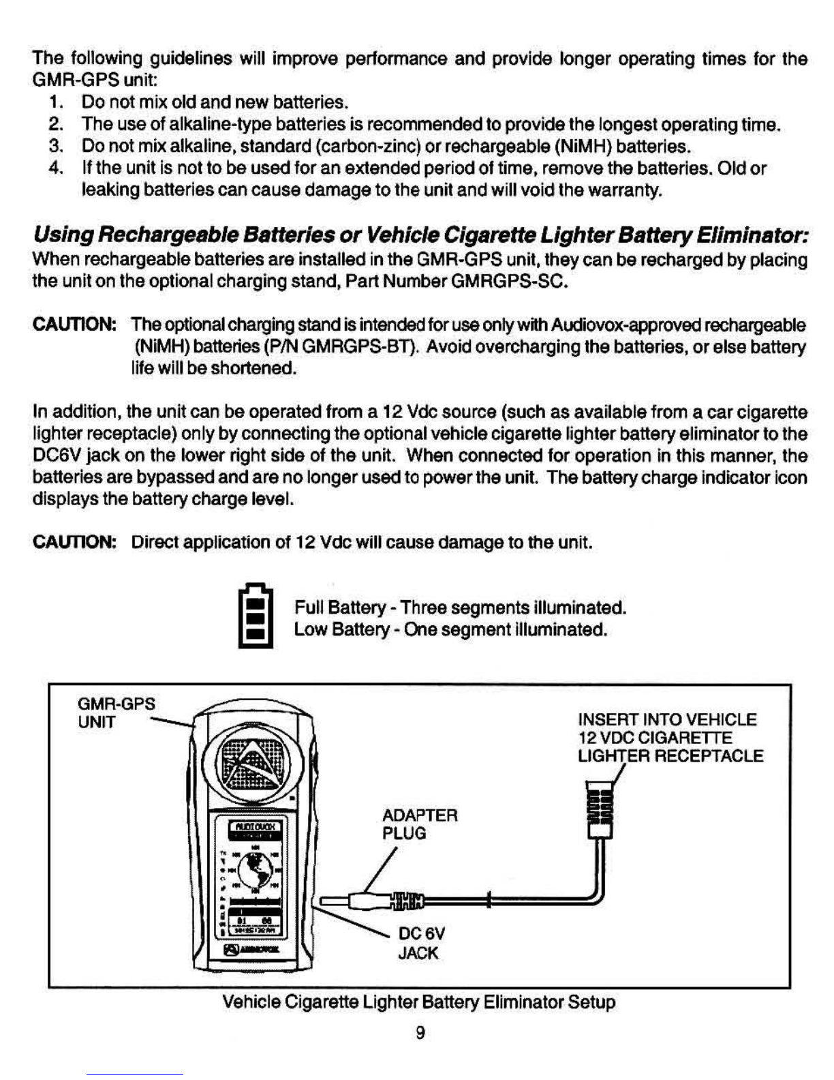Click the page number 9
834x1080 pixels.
(x=420, y=1034)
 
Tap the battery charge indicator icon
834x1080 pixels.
(x=256, y=616)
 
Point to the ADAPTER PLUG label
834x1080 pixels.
(x=419, y=824)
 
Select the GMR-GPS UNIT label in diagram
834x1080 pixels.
(x=116, y=712)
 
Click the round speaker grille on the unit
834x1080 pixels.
(x=254, y=762)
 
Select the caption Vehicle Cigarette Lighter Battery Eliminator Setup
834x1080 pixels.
(x=419, y=1002)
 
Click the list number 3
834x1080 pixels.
(x=55, y=146)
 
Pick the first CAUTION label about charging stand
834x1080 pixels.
(x=74, y=325)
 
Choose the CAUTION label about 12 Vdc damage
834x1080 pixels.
(x=74, y=543)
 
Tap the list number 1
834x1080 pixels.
(x=55, y=102)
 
